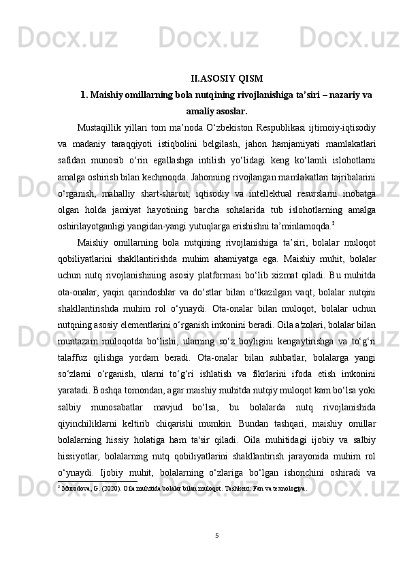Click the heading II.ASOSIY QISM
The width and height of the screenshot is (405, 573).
tap(227, 77)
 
